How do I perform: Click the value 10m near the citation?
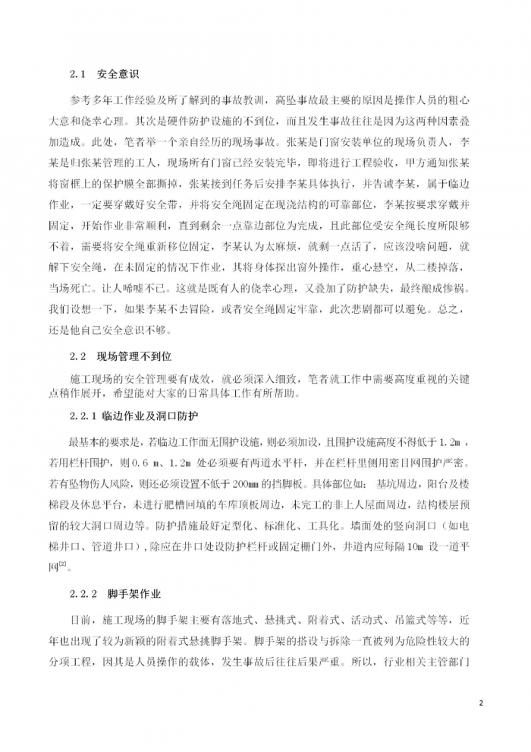point(401,542)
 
